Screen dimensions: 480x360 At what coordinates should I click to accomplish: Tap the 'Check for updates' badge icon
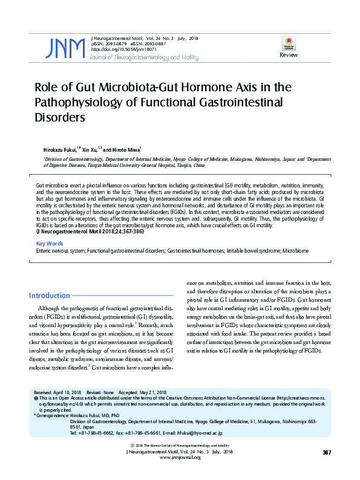(x=288, y=44)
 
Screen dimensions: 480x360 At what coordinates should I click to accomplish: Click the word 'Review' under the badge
(x=288, y=55)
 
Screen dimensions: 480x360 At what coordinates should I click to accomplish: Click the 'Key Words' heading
(x=50, y=243)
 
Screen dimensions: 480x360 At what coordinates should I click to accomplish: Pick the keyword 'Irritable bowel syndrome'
(x=252, y=250)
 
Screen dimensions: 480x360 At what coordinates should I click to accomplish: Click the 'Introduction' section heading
(x=50, y=296)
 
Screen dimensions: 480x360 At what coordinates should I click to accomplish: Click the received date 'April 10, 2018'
(x=67, y=392)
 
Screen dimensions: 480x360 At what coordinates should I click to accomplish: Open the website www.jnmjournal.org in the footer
(x=180, y=458)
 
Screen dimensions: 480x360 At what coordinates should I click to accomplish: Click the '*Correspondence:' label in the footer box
(x=51, y=416)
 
